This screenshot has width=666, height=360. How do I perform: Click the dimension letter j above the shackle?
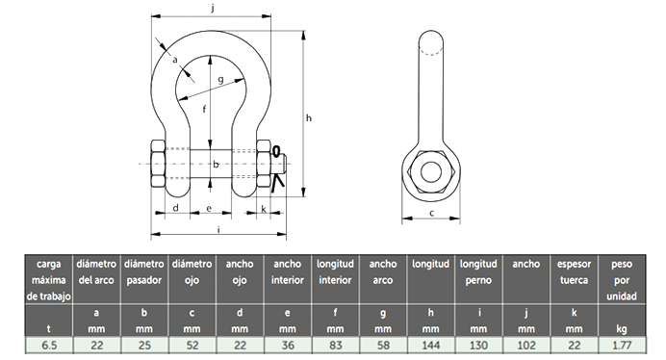pos(212,8)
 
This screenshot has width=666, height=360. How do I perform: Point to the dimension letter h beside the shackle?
pos(309,117)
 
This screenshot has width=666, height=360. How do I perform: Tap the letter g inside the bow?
pos(220,80)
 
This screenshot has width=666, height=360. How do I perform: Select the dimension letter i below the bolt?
pos(218,229)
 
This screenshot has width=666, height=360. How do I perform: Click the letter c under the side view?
pos(431,213)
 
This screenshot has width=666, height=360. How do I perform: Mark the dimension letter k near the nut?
pos(264,209)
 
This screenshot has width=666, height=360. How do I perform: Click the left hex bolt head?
pos(158,164)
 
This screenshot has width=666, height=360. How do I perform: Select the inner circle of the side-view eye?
pos(431,171)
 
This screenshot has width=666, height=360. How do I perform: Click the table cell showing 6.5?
pos(49,346)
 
